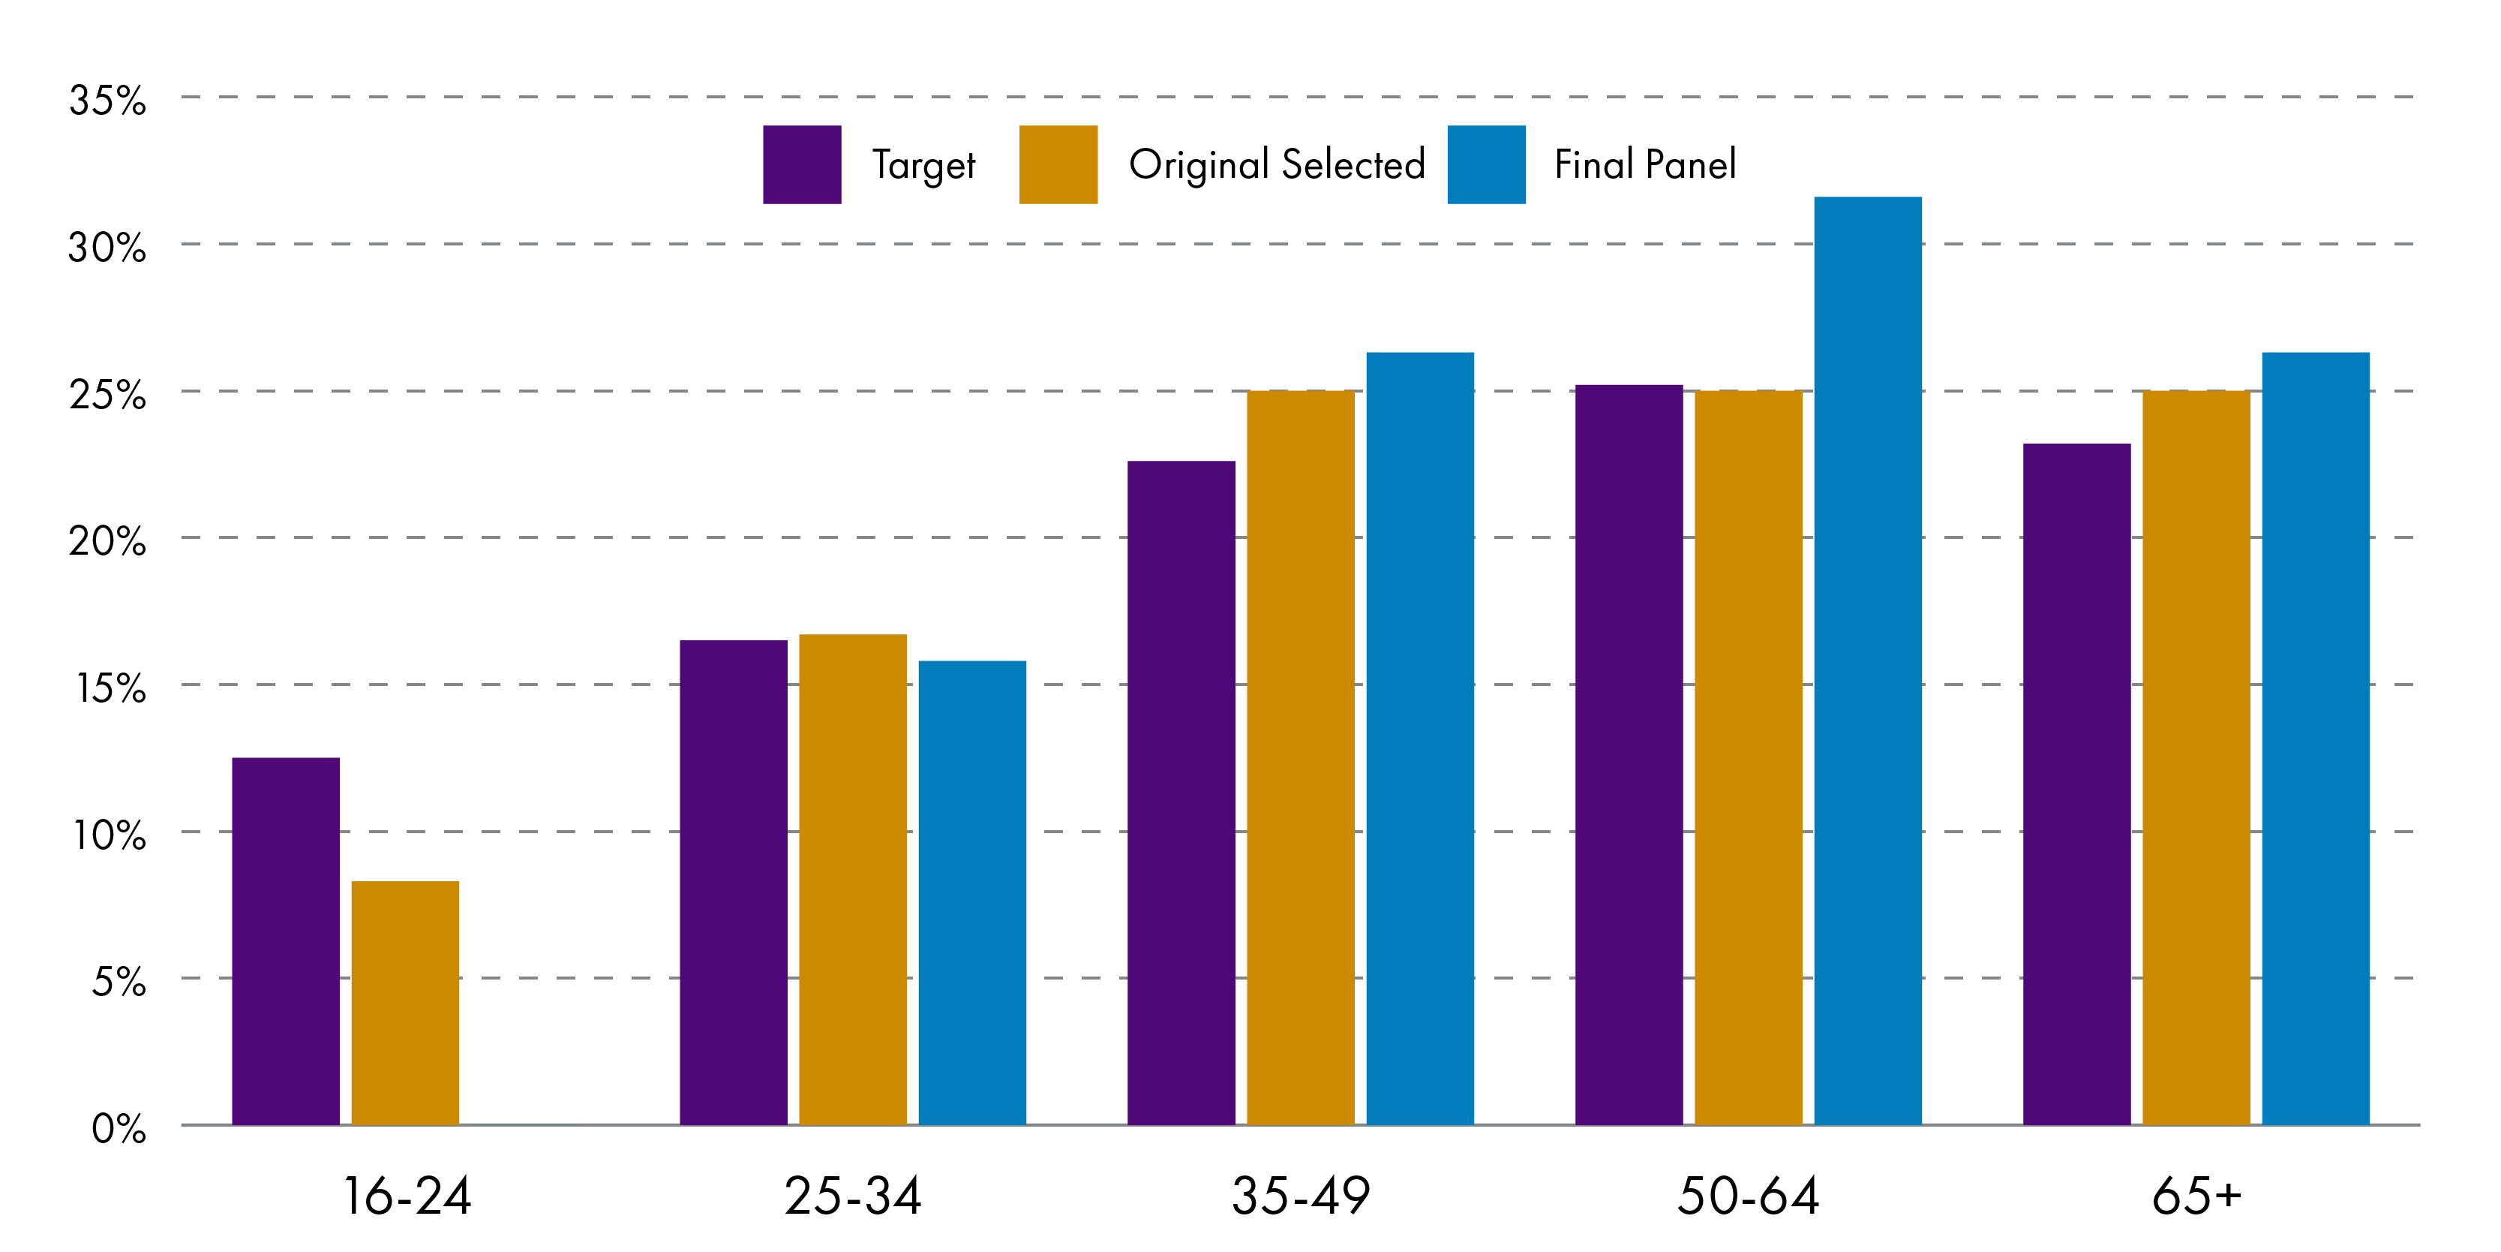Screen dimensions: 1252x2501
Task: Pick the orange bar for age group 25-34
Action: (x=852, y=879)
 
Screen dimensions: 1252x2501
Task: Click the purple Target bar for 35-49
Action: (x=1181, y=792)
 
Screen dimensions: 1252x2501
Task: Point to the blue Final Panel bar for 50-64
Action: (x=1867, y=661)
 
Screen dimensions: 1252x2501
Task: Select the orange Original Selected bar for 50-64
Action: (x=1748, y=757)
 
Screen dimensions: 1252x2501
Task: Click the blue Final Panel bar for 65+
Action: (x=2316, y=738)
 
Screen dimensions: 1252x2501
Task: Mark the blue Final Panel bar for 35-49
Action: (x=1419, y=738)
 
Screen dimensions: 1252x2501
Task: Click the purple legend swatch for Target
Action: (x=802, y=164)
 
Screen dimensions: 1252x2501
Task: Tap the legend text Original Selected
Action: (x=1277, y=164)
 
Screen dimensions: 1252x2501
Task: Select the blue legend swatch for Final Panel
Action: (x=1485, y=164)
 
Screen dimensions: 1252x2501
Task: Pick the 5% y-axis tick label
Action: (x=119, y=981)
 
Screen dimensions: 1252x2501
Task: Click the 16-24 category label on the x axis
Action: (x=407, y=1196)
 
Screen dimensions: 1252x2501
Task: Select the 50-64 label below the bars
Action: (x=1748, y=1196)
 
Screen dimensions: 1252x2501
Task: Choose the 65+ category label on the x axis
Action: (x=2196, y=1196)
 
